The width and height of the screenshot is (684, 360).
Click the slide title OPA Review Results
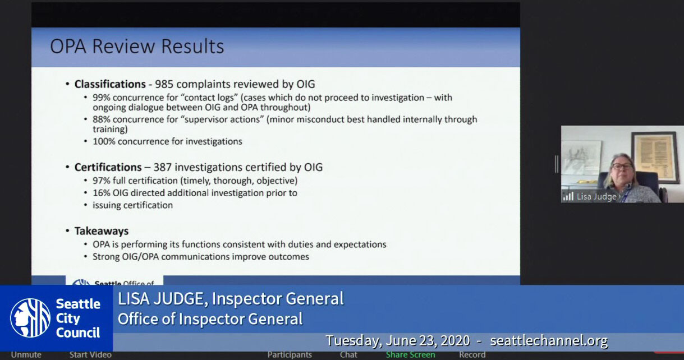137,46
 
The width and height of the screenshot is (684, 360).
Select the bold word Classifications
110,84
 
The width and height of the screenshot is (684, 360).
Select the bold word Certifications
108,167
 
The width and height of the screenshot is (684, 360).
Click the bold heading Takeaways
102,231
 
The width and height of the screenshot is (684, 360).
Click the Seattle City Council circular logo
30,318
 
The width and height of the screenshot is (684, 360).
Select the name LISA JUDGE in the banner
161,299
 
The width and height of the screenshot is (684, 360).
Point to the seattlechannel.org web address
548,340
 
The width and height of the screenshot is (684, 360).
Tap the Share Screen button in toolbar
410,354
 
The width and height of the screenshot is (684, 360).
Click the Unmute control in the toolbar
26,354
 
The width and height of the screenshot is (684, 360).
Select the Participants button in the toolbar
290,354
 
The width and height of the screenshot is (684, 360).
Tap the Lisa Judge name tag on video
596,197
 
